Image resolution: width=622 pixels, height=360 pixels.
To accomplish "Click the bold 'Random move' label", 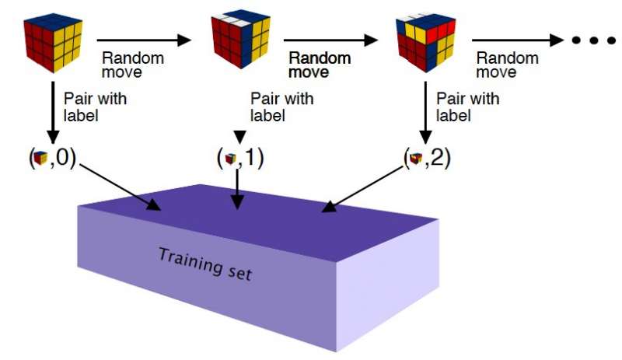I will tap(320, 65).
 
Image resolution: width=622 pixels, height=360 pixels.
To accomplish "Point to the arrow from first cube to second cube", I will tap(144, 39).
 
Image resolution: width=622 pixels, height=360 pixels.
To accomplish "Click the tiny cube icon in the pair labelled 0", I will tap(41, 159).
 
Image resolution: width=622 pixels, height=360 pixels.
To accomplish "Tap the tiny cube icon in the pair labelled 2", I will tap(416, 159).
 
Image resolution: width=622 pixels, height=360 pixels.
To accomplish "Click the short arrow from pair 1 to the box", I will tap(238, 190).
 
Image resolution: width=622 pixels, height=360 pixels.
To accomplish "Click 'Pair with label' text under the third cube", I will tap(466, 107).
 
